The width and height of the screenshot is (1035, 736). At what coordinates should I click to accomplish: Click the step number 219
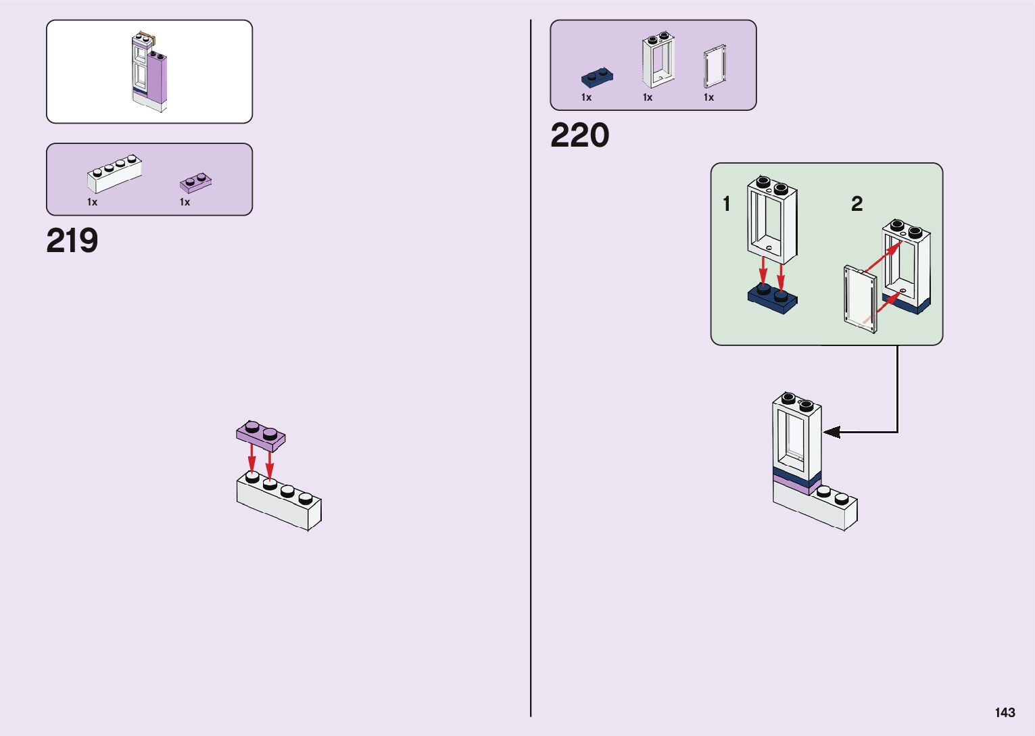pos(72,241)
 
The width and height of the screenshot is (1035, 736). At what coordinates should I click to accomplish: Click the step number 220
pos(579,136)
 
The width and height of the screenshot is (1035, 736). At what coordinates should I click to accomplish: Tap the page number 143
pos(1005,712)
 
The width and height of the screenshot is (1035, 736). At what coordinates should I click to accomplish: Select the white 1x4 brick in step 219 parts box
pos(114,174)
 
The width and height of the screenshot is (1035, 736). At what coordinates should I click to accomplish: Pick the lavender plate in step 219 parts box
pos(195,183)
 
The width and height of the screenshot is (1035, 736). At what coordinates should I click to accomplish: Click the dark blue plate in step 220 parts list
pos(597,78)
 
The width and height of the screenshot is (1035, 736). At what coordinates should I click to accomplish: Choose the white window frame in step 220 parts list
pos(658,62)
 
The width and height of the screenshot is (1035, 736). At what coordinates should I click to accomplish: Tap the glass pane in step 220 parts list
pos(714,66)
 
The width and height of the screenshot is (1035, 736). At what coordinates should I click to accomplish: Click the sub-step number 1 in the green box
pos(727,204)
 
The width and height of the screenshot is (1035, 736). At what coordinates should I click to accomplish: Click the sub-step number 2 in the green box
pos(857,203)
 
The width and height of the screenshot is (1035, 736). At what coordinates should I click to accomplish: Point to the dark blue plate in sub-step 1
pos(773,299)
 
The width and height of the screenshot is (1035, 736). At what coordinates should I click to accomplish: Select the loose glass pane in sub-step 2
pos(861,299)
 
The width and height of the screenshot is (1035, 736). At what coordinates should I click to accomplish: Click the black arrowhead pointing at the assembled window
pos(832,432)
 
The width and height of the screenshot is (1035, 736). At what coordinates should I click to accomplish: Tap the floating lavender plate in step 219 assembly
pos(260,436)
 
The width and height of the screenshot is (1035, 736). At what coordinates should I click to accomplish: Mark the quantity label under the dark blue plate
pos(586,98)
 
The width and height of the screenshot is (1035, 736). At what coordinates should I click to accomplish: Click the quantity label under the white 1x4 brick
pos(92,202)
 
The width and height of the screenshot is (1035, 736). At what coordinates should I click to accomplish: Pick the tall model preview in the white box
pos(149,72)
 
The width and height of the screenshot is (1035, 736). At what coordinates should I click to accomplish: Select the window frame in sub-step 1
pos(772,219)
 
